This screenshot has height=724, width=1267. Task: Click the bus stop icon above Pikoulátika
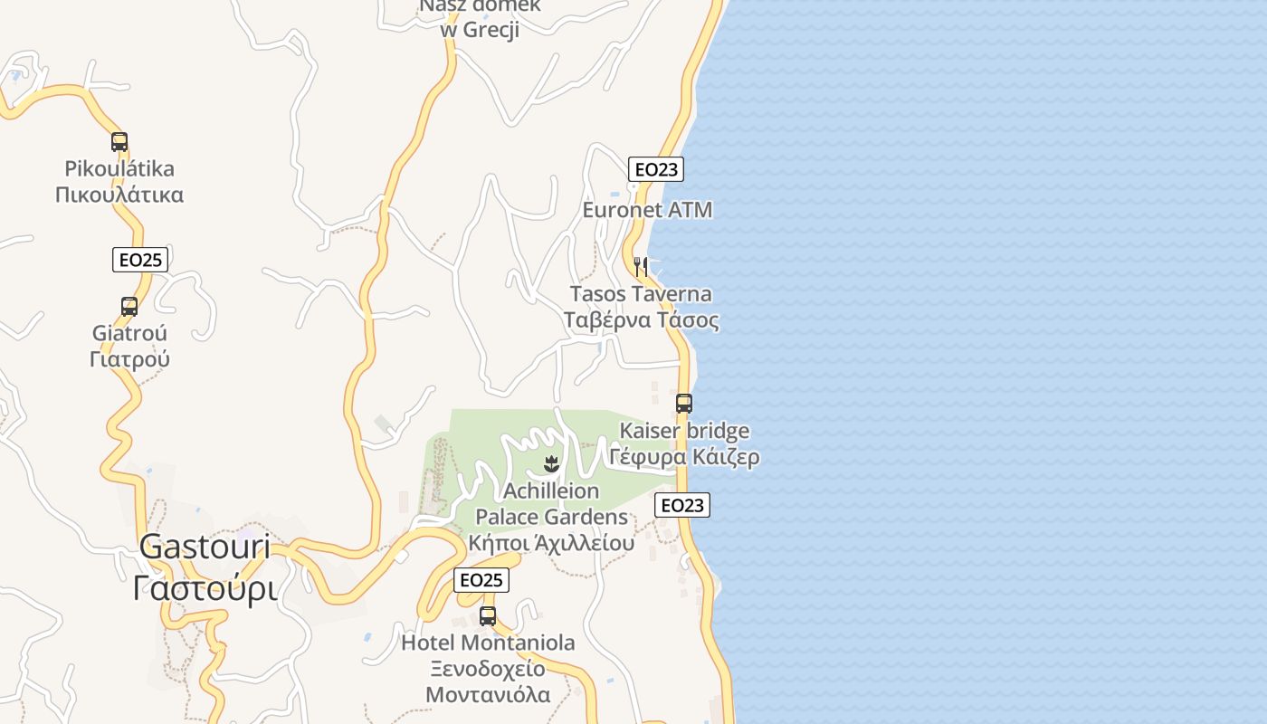(119, 142)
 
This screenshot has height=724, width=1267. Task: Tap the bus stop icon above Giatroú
(129, 307)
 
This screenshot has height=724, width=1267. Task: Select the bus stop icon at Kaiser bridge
(684, 404)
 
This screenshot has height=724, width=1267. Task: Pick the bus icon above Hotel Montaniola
(488, 616)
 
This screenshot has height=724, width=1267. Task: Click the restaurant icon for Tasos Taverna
(641, 266)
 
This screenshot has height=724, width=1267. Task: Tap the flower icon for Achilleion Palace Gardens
(549, 465)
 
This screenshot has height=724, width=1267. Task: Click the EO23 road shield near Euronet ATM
(656, 169)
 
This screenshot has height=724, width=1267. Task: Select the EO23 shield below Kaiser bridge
(682, 505)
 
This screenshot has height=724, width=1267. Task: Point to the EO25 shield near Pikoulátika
(140, 260)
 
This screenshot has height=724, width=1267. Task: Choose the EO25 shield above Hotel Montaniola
(481, 580)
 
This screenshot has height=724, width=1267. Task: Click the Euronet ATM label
(647, 210)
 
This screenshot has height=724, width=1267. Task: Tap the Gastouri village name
(205, 546)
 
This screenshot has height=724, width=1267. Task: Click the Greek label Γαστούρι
(205, 588)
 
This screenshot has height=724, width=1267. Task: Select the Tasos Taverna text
(641, 294)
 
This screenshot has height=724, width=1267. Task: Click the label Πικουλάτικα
(119, 195)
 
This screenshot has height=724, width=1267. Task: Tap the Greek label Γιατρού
(129, 359)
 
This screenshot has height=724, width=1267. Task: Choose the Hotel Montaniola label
(488, 643)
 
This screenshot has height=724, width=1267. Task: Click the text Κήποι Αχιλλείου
(551, 544)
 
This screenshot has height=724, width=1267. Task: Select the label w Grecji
(480, 30)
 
